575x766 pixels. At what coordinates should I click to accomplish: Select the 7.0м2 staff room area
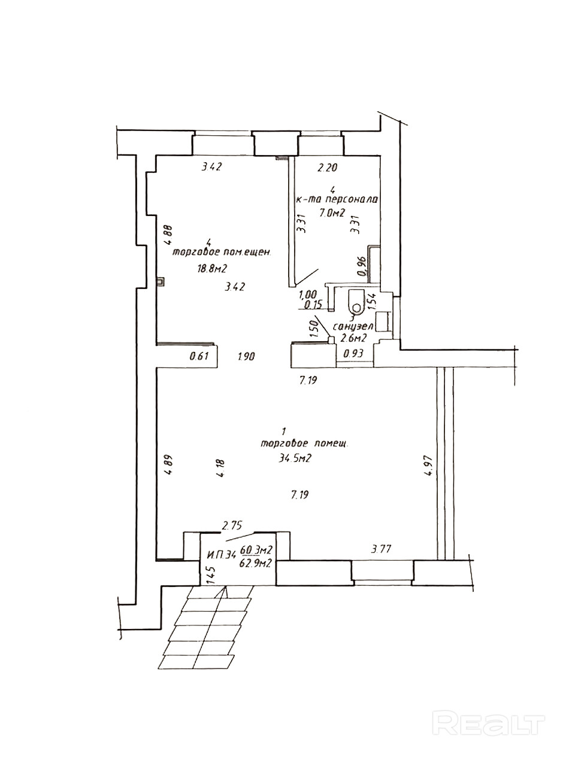pyautogui.click(x=332, y=214)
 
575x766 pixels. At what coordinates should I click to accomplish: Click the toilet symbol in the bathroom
pyautogui.click(x=357, y=302)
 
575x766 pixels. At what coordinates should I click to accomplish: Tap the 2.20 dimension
pyautogui.click(x=328, y=168)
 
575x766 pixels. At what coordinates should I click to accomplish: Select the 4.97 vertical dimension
pyautogui.click(x=428, y=465)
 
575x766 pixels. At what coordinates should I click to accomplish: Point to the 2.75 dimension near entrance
pyautogui.click(x=232, y=526)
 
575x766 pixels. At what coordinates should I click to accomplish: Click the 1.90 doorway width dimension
pyautogui.click(x=246, y=357)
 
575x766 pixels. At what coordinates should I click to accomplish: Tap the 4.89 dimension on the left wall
pyautogui.click(x=168, y=465)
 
